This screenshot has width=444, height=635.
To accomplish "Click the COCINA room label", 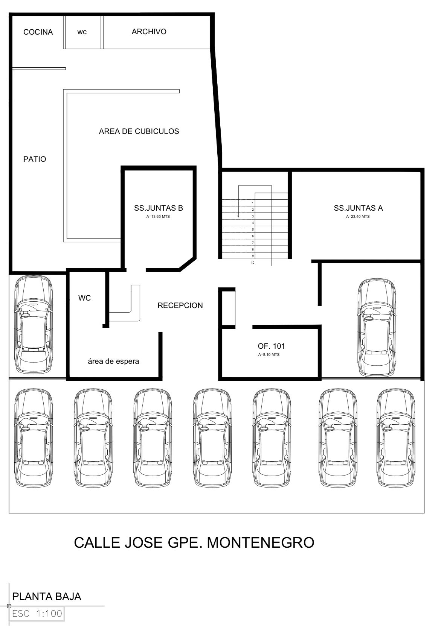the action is coord(38,32).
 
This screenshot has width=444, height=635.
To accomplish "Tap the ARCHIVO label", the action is coord(149,32).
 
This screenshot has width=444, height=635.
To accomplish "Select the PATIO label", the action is coord(35,159).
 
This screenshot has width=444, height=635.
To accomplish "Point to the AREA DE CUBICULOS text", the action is coord(139,131).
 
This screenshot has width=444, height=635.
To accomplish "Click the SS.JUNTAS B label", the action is coord(159,208).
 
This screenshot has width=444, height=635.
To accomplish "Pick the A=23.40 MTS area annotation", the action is coord(358,217).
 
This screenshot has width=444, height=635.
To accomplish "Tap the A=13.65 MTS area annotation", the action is coord(158,217).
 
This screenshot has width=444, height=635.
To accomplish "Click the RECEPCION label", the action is coord(180,305).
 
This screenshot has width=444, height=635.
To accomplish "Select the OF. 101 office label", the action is coord(271,346).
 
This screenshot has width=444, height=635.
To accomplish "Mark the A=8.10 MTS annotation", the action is coord(269,355).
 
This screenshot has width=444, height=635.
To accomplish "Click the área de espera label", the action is coord(113,362).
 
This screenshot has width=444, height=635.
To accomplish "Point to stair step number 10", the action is coord(252,263).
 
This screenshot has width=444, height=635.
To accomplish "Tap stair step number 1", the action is coord(253,203).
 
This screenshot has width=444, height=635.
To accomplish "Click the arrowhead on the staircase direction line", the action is coord(238,216).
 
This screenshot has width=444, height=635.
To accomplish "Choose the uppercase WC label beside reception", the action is coord(84,298).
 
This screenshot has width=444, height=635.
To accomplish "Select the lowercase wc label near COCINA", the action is coord(82,32).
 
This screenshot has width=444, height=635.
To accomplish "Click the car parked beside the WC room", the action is coord(34,325).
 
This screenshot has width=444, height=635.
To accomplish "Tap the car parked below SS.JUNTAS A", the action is coord(377,328).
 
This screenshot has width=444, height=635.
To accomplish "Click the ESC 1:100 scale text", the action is coord(37,614).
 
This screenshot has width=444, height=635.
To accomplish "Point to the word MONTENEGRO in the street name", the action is coord(261,542).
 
